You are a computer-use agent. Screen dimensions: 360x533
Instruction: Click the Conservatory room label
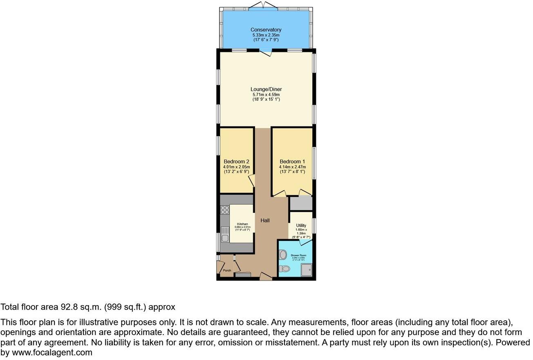(266, 30)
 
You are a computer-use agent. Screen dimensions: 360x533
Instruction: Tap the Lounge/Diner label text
(266, 89)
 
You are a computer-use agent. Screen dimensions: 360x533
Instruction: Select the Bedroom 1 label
(292, 161)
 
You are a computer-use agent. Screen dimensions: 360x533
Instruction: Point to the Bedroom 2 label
(236, 161)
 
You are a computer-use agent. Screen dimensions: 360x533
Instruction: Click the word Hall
(265, 220)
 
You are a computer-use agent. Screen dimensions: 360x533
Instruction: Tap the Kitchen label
(242, 224)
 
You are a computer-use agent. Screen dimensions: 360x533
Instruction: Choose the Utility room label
(301, 225)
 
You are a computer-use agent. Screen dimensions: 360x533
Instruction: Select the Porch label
(227, 270)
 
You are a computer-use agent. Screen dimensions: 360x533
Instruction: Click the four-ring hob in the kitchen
(225, 210)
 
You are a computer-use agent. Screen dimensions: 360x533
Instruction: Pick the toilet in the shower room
(284, 269)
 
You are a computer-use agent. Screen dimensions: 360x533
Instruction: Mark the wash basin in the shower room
(282, 255)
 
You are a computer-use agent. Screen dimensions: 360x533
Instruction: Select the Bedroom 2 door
(252, 180)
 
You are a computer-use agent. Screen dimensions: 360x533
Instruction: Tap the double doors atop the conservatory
(262, 5)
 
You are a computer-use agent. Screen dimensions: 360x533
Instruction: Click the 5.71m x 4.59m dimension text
(266, 94)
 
